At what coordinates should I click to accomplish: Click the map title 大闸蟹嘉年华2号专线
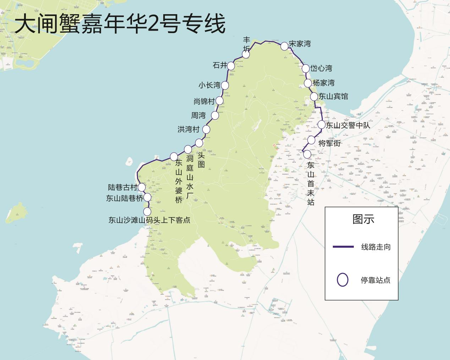point(120,24)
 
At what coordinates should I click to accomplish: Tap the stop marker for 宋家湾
point(284,46)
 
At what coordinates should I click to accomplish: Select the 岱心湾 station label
point(321,68)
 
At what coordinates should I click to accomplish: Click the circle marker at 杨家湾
point(308,83)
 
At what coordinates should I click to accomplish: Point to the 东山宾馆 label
point(333,96)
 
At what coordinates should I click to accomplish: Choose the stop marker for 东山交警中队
point(321,125)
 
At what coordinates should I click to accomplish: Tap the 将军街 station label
point(330,143)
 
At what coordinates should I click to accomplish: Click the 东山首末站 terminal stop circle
point(307,154)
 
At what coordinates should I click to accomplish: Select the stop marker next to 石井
point(231,66)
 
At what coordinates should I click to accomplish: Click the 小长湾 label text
point(209,85)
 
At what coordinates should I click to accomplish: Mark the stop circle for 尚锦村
point(219,100)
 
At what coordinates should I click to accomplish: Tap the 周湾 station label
point(198,115)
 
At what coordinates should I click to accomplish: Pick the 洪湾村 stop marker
point(206,129)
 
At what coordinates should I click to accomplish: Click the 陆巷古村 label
point(122,187)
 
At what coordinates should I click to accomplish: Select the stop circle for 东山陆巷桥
point(147,197)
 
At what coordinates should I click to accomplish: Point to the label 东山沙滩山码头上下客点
point(149,220)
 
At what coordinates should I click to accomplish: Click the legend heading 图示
point(363,219)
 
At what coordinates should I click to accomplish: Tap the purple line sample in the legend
point(343,247)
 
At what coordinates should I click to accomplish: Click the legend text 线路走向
point(376,247)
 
